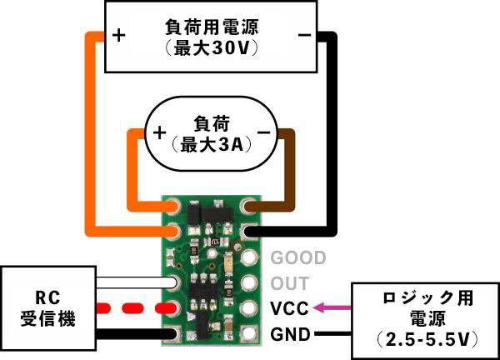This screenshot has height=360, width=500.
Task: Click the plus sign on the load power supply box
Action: click(x=118, y=35)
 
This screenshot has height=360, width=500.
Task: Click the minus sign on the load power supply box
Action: click(x=304, y=35)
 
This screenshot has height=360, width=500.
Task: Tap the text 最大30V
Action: click(x=211, y=48)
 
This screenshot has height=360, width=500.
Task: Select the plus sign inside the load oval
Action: click(x=159, y=132)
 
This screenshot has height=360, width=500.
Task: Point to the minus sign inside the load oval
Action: click(x=263, y=132)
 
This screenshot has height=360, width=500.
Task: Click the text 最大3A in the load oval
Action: click(x=212, y=145)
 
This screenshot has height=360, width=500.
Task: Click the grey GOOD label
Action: click(x=298, y=257)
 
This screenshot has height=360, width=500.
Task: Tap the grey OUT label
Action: click(x=290, y=283)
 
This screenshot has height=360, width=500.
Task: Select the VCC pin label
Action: click(x=290, y=308)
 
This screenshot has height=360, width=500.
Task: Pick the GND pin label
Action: click(x=291, y=334)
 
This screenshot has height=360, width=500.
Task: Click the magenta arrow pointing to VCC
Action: click(x=332, y=307)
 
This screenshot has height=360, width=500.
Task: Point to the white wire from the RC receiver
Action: click(x=136, y=282)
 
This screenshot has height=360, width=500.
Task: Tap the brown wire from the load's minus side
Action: click(x=284, y=172)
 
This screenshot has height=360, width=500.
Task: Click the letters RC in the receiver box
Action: click(x=47, y=297)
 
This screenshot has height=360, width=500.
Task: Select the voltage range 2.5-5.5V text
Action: click(x=427, y=340)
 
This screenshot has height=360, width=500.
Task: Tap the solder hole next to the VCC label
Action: click(x=248, y=308)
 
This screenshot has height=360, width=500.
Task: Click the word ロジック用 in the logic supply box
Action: click(x=427, y=298)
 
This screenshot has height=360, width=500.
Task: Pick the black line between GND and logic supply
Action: click(x=332, y=334)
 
